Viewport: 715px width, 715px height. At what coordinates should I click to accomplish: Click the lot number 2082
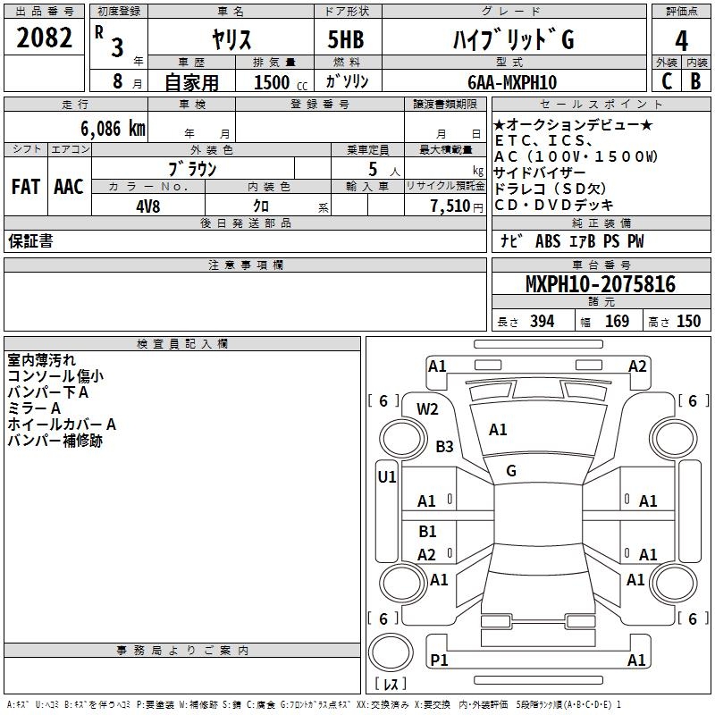point(45,38)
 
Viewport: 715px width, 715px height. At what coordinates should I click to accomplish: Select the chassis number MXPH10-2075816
point(600,284)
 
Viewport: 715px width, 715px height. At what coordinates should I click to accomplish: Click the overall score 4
point(682,40)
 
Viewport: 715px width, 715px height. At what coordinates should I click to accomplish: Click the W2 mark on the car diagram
point(428,408)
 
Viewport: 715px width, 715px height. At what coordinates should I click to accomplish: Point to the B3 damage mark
point(444,446)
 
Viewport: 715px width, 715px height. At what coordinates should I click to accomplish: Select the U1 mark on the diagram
point(386,477)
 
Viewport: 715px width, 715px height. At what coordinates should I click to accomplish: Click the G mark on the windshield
point(511,470)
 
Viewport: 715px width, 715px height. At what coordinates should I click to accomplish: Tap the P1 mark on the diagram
point(439,660)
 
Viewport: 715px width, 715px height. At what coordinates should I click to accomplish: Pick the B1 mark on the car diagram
point(427,532)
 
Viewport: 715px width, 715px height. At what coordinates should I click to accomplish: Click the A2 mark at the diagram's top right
point(637,366)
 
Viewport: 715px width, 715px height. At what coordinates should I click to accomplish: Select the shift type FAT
point(25,186)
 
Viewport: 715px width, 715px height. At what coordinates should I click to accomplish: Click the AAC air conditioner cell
point(69,186)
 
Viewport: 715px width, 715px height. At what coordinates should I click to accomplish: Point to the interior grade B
point(696,81)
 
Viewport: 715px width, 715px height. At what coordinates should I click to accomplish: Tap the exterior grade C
point(666,81)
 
